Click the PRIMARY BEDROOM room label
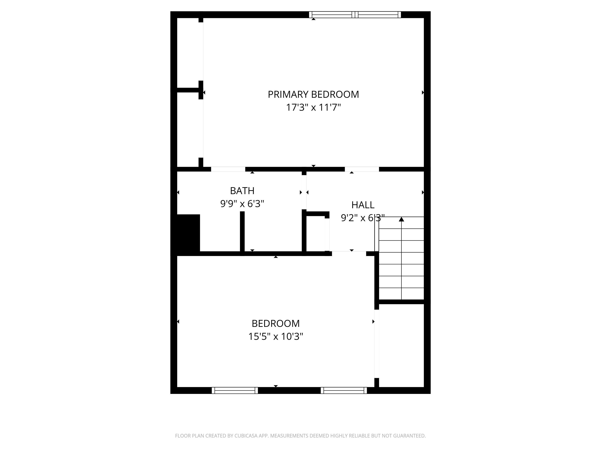(x=313, y=94)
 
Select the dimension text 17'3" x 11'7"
(x=313, y=108)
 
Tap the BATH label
(x=242, y=191)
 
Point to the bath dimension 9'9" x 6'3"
(x=242, y=204)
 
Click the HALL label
(x=363, y=205)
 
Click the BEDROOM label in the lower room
(x=275, y=324)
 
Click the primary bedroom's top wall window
(x=355, y=15)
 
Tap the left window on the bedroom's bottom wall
(x=235, y=390)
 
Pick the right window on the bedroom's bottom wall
(x=344, y=390)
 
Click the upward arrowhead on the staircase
(x=401, y=219)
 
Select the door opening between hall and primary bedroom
(x=362, y=169)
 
